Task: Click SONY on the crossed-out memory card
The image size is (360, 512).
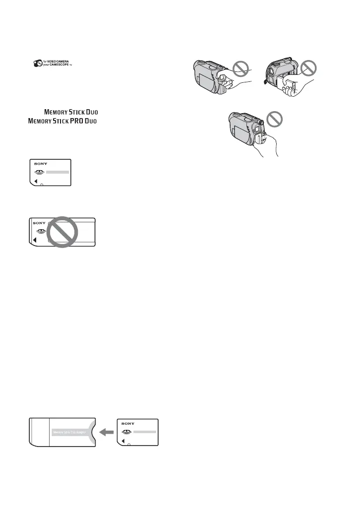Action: point(39,223)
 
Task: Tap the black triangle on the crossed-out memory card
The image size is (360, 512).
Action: point(35,240)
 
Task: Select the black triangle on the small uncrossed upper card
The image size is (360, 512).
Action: point(35,182)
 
